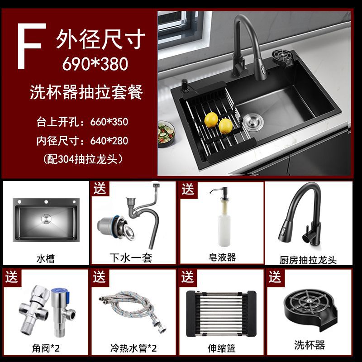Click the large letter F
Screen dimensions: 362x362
point(31,46)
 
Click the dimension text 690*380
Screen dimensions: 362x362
point(95,64)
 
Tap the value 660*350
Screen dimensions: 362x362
point(109,122)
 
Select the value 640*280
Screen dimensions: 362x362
point(109,141)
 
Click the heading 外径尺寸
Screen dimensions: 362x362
point(100,39)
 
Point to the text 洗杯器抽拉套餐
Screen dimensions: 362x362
point(86,92)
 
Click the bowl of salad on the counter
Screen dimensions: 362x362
point(166,133)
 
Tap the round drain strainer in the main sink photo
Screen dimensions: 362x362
point(253,122)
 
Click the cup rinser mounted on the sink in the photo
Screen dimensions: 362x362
point(284,57)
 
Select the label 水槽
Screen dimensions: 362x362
point(46,258)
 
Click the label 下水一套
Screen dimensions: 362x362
point(131,257)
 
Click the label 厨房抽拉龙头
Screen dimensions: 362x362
point(308,260)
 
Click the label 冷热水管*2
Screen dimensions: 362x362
point(133,348)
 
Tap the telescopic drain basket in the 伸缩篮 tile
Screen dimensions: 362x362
point(221,314)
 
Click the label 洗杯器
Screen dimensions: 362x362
point(310,345)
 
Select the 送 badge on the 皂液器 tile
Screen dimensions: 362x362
point(188,189)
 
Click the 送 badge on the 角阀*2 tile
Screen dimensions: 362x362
point(12,277)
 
